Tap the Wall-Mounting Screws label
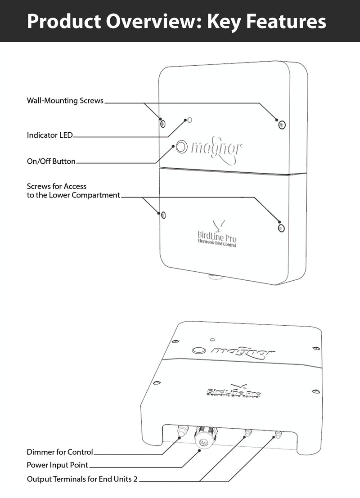point(65,101)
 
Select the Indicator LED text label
point(49,135)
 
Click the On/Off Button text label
point(51,161)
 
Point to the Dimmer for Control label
point(60,452)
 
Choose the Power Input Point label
point(58,465)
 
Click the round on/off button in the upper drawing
point(182,146)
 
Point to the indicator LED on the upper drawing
point(190,120)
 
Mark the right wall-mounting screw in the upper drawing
point(282,124)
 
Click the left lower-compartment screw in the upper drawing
point(163,215)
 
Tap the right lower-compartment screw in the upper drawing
point(281,228)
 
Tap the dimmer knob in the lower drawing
point(180,432)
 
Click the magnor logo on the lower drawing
point(243,352)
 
